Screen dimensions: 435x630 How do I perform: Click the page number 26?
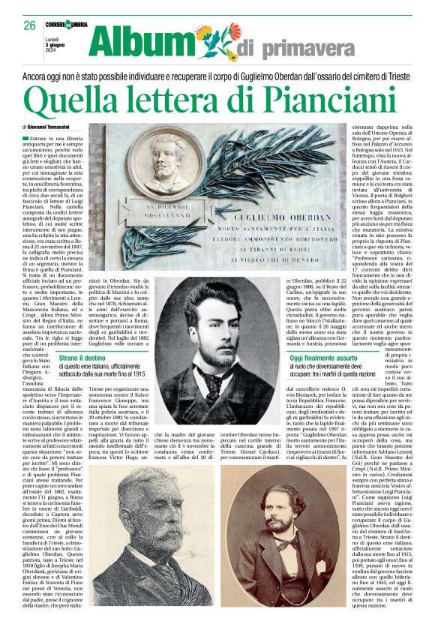[28, 25]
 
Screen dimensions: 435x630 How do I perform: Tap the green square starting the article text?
[25, 139]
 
